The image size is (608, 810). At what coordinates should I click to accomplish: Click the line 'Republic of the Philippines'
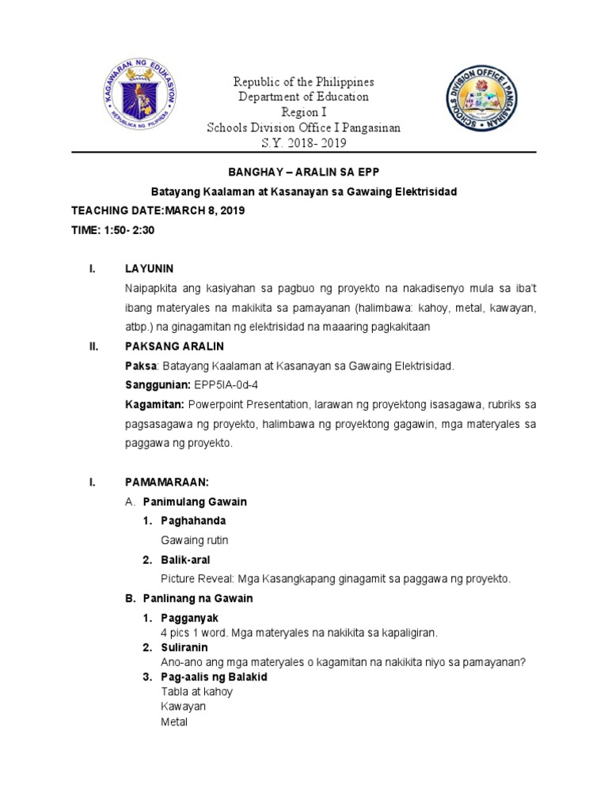coord(303,82)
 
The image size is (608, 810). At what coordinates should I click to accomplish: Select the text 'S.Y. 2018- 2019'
coord(304,142)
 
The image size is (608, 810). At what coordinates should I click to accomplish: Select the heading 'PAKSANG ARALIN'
coord(175,346)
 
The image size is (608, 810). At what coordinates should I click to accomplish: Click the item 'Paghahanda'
coord(193,520)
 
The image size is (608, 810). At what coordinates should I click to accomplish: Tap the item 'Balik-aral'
coord(187,560)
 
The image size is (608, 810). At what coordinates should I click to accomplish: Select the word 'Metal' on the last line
coord(173,722)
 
